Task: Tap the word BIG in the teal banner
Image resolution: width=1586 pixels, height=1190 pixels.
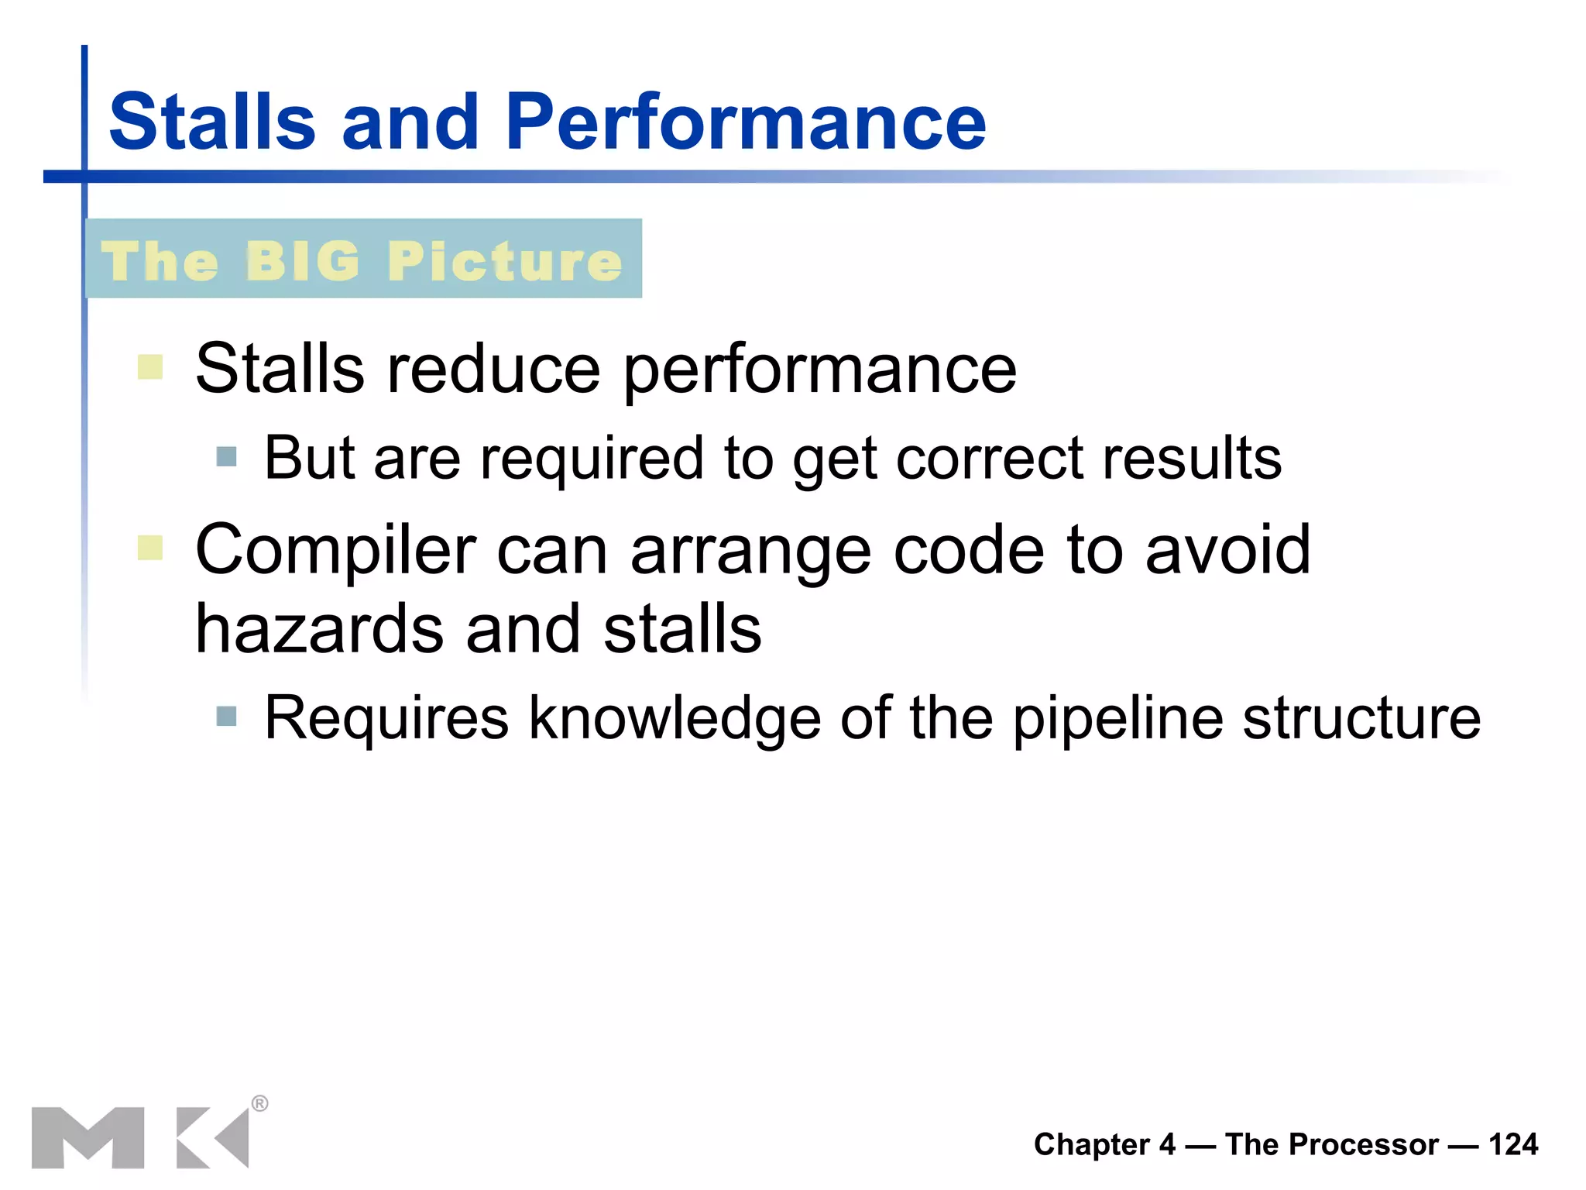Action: [304, 261]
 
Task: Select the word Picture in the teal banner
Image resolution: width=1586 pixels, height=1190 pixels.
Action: [504, 261]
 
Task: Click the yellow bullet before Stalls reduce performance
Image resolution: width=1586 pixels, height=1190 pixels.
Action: [149, 366]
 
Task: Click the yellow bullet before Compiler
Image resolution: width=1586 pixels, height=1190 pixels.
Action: [149, 547]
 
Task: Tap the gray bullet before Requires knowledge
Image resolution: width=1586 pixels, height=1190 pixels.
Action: [226, 716]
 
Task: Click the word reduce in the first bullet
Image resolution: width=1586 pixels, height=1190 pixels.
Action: [493, 370]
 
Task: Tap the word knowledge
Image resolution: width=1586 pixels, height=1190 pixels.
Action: [674, 719]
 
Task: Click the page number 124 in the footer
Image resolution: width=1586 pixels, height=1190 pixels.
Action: [1512, 1144]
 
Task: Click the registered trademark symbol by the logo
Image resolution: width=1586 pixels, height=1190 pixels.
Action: [260, 1103]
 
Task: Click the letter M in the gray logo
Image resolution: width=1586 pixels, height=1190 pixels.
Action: [88, 1137]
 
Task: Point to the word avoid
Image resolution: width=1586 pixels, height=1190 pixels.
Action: [1227, 550]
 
